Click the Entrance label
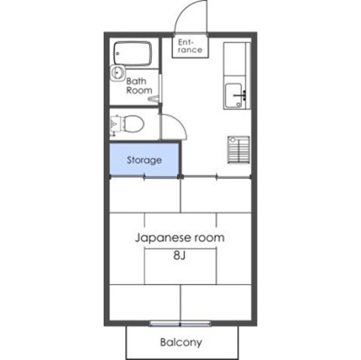click(190, 46)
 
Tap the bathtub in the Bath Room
click(132, 54)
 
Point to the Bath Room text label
click(139, 85)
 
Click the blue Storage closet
click(145, 160)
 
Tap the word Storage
click(144, 160)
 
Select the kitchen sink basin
click(234, 95)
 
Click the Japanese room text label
click(180, 237)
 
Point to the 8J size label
click(180, 256)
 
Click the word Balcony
click(181, 341)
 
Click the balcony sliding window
click(180, 323)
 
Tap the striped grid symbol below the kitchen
click(239, 150)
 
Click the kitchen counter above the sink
click(235, 61)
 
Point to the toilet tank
click(115, 122)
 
